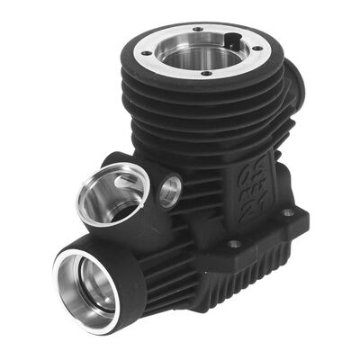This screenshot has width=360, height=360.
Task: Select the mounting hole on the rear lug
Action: (287, 213)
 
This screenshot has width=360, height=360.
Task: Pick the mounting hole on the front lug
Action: (233, 244)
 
